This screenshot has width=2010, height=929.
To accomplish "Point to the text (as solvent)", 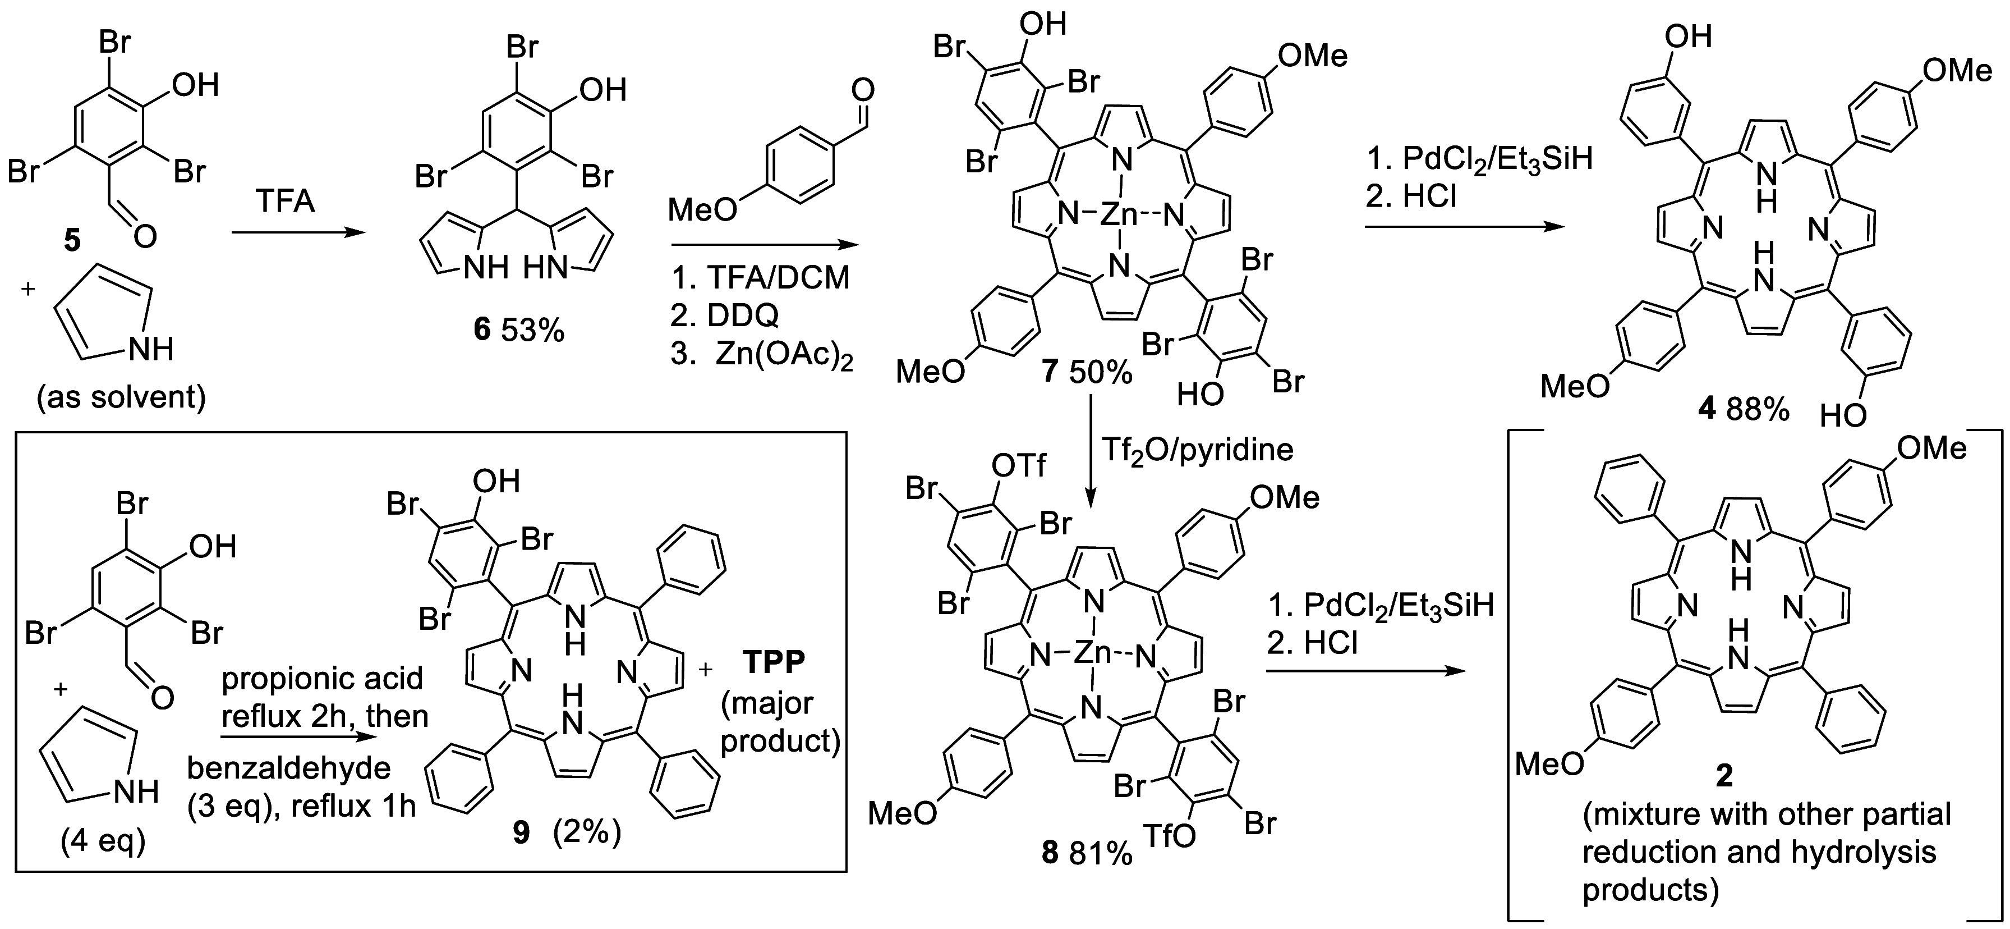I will (121, 397).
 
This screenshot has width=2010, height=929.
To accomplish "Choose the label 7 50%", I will (1088, 372).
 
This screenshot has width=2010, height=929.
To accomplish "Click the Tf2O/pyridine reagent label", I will (1197, 449).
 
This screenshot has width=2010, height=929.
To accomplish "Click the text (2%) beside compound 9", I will (587, 834).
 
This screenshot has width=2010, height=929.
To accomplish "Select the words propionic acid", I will (322, 679).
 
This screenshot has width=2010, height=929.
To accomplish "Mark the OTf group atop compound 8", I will (1018, 466).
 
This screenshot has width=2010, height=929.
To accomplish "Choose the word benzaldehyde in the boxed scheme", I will (289, 768).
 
